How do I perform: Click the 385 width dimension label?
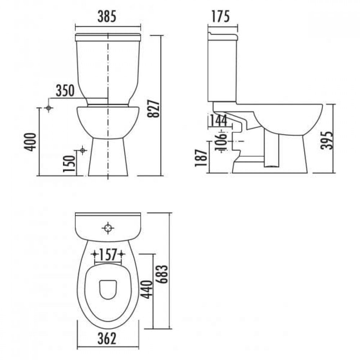pos(107,17)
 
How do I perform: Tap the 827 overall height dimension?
pos(153,109)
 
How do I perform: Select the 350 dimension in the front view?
pos(66,91)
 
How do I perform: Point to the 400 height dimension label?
pos(30,142)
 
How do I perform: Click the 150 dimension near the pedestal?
pos(69,163)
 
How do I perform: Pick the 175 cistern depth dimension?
pos(220,17)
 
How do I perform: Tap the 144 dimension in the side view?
pos(219,120)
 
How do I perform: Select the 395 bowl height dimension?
pos(327,140)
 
